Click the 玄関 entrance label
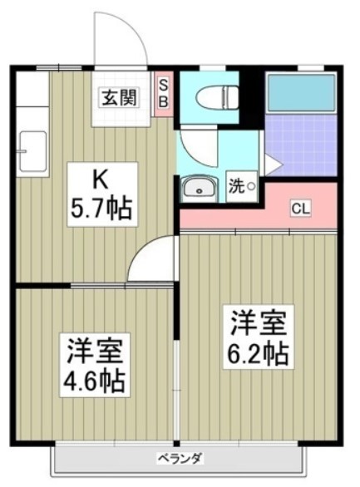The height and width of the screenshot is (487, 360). (x=120, y=97)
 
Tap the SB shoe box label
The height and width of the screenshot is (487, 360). (x=164, y=94)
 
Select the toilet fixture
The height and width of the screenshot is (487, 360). (x=217, y=97)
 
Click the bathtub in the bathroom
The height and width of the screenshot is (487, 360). (x=302, y=92)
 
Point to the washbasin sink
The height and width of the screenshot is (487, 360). (x=198, y=188)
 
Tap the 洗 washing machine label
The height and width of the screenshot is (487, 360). (x=237, y=186)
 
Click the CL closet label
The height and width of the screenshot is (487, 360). (x=300, y=209)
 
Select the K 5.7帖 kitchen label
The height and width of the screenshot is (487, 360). (x=102, y=194)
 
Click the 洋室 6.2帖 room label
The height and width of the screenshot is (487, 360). (x=258, y=337)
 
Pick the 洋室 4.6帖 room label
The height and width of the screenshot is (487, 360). (x=95, y=364)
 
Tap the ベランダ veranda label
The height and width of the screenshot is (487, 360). (x=180, y=458)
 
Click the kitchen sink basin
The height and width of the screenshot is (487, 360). (x=33, y=151)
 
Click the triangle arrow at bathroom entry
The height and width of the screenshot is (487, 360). (x=272, y=165)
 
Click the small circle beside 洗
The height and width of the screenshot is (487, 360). (x=251, y=187)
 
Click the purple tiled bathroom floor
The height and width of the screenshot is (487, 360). (x=301, y=145)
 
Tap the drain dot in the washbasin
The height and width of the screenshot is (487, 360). (x=199, y=192)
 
